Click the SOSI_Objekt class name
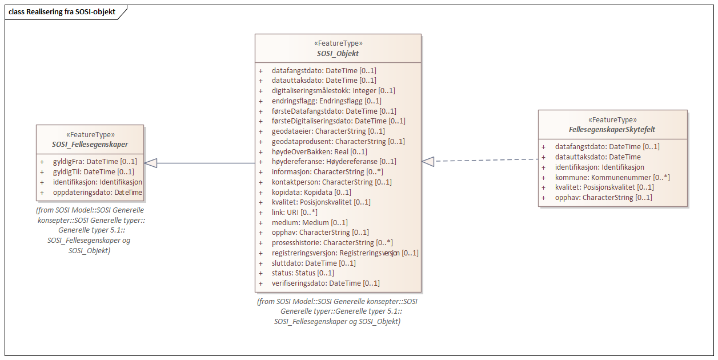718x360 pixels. point(338,53)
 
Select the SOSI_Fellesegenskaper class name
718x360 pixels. point(90,144)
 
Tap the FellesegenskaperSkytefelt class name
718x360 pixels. point(612,130)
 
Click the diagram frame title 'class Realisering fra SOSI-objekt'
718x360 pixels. point(62,11)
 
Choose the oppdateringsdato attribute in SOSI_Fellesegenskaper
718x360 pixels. point(97,193)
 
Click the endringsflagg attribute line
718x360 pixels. point(326,101)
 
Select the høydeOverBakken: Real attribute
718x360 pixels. point(319,151)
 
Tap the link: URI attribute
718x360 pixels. point(295,212)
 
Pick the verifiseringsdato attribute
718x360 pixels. point(326,283)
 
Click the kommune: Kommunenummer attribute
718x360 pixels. point(612,177)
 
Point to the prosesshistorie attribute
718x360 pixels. point(332,242)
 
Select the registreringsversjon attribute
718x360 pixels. point(345,253)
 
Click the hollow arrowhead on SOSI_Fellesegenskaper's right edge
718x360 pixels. point(151,163)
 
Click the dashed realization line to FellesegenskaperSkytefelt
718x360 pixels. point(486,161)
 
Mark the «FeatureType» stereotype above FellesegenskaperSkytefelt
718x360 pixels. point(612,120)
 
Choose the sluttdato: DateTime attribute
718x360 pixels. point(314,263)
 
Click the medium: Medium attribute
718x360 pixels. point(310,222)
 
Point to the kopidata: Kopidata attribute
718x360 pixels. point(311,192)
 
